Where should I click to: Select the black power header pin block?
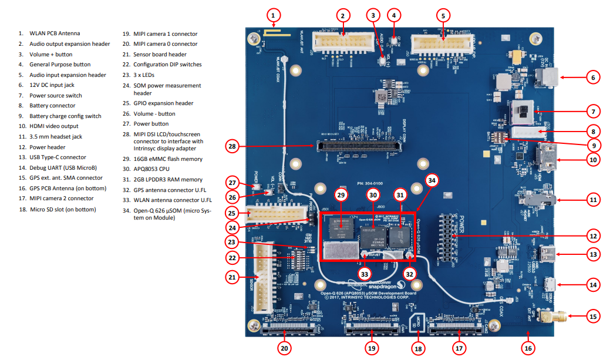tap(451, 238)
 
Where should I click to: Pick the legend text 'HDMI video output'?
tap(53, 126)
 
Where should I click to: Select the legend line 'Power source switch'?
tap(56, 95)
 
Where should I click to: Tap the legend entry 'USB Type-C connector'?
tap(58, 157)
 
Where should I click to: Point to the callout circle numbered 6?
tap(592, 78)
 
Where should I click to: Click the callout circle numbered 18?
tap(418, 348)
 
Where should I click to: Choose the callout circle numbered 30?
tap(372, 194)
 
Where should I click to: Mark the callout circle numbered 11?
tap(592, 200)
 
